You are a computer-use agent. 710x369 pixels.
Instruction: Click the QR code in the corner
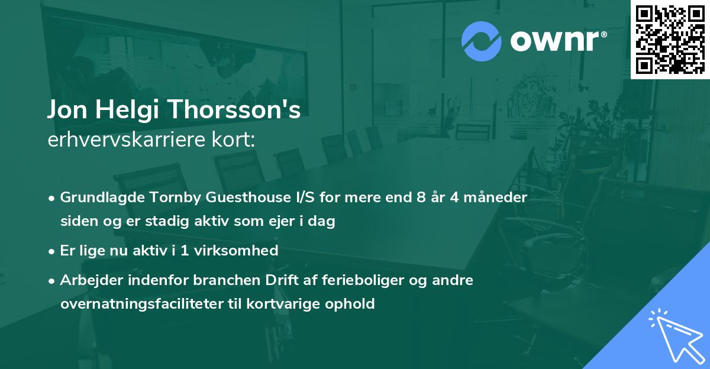[x=670, y=40]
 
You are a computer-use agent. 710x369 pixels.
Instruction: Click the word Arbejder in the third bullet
[x=86, y=280]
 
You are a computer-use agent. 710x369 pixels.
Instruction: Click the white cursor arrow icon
[x=674, y=334]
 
